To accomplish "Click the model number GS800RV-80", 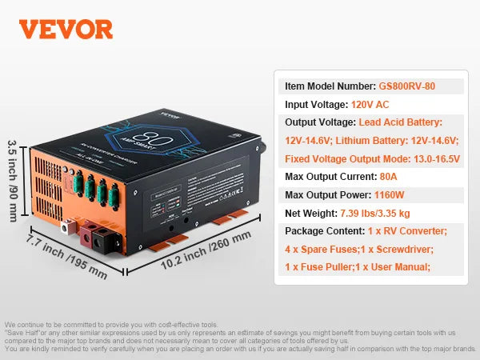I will pyautogui.click(x=408, y=86).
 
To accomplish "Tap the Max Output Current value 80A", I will pyautogui.click(x=390, y=176).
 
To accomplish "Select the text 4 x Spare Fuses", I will pyautogui.click(x=321, y=249).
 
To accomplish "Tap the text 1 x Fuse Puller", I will pyautogui.click(x=317, y=267).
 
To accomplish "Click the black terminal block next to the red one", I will pyautogui.click(x=105, y=238).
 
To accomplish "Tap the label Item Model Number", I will pyautogui.click(x=329, y=86).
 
